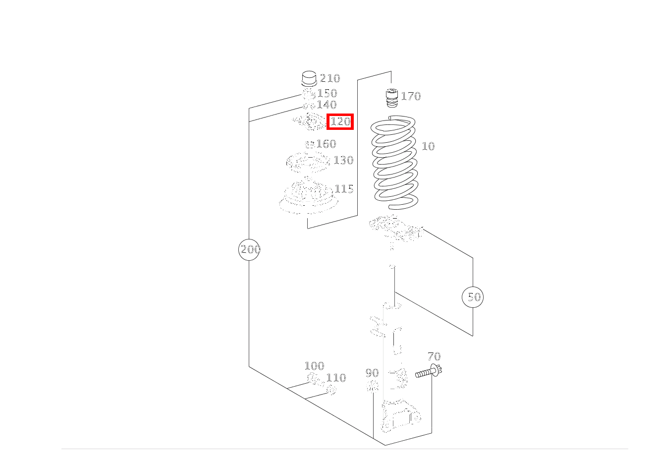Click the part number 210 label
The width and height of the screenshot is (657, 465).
[x=330, y=78]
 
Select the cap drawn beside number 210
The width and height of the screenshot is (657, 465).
[x=309, y=78]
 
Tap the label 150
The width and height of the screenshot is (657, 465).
[x=328, y=93]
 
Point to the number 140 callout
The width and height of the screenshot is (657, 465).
[x=327, y=105]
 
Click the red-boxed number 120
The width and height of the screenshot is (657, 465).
[x=340, y=121]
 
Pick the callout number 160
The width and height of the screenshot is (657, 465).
[x=326, y=144]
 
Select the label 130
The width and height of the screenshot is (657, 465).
[x=344, y=160]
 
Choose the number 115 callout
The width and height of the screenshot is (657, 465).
[x=344, y=189]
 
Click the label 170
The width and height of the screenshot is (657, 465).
[x=411, y=96]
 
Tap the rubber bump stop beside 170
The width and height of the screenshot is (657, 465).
[x=391, y=98]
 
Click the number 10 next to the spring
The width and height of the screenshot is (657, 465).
[x=428, y=146]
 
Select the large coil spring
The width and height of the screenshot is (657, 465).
[x=395, y=162]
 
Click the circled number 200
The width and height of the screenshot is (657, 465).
[x=249, y=250]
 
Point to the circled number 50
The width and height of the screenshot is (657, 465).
[x=473, y=297]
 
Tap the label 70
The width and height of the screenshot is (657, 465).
[x=434, y=356]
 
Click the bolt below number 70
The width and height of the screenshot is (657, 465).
[x=429, y=371]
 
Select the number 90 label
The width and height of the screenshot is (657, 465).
[x=372, y=373]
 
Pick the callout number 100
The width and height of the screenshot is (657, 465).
[x=315, y=366]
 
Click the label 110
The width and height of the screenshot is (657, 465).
[x=336, y=378]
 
